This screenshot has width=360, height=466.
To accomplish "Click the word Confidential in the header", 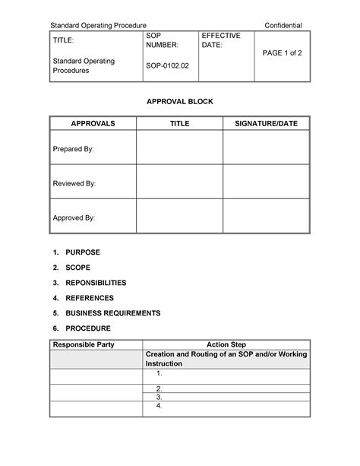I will click(283, 26).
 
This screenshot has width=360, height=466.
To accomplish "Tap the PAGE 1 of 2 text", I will click(282, 52).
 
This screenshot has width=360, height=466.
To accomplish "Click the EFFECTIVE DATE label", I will click(220, 41).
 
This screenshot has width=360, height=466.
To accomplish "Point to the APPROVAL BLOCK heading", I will click(179, 101).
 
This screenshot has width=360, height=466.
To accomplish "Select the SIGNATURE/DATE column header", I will click(266, 123).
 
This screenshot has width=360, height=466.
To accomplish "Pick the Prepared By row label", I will click(74, 149).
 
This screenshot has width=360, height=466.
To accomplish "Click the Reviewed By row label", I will click(74, 184).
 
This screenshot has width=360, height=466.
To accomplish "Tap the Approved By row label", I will click(74, 218).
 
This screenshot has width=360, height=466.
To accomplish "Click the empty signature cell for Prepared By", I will click(266, 147).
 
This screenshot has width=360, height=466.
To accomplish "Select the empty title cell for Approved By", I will click(179, 216).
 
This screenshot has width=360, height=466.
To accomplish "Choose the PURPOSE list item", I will click(83, 252).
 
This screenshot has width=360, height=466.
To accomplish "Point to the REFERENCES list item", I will click(90, 298).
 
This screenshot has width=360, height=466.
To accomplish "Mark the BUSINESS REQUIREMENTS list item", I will click(113, 313).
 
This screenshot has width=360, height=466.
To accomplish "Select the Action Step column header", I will click(226, 345).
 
